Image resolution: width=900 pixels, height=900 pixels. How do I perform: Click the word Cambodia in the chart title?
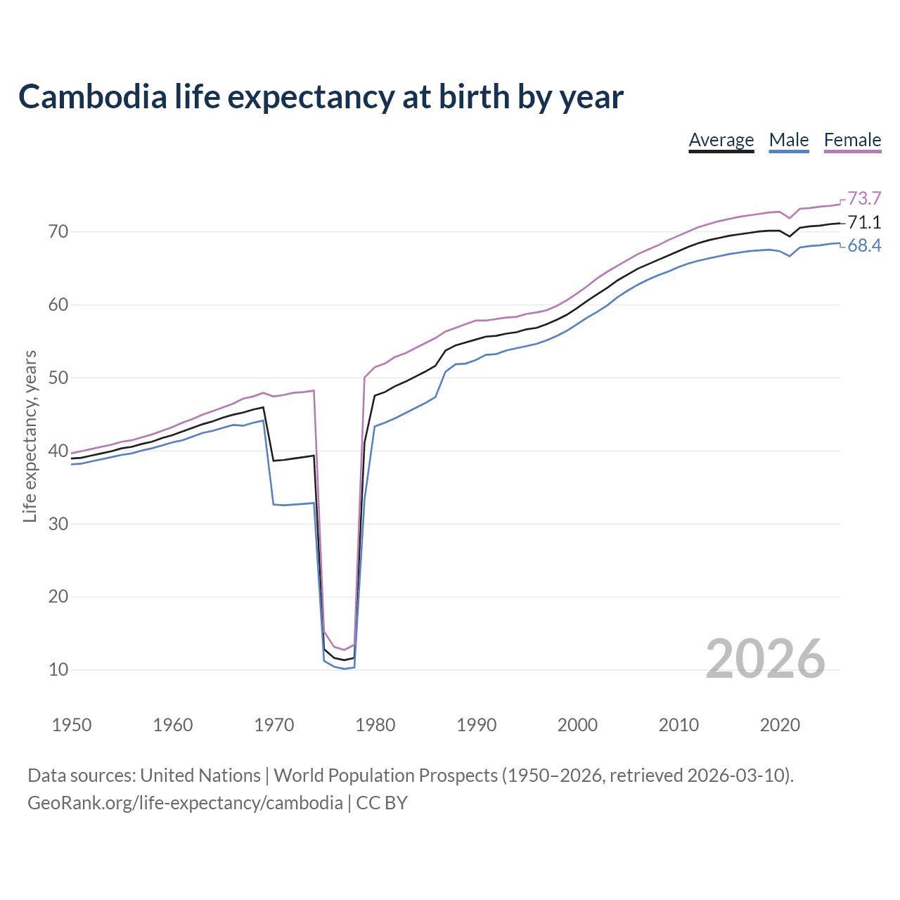[93, 97]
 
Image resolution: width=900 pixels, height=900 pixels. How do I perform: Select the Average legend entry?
[721, 140]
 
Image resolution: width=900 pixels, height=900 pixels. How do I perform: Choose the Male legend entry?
[788, 140]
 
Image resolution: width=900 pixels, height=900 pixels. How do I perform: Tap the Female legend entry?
[852, 140]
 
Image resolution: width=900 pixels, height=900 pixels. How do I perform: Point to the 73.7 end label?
[864, 198]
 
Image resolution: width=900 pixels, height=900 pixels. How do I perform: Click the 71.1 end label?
[864, 223]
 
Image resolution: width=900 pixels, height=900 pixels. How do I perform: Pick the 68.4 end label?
[864, 245]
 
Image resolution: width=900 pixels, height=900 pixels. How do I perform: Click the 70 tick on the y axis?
[58, 231]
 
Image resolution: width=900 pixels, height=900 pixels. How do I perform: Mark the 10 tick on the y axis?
[58, 669]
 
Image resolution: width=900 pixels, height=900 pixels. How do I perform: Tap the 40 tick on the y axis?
[58, 451]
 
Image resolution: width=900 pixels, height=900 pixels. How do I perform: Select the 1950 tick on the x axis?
[72, 725]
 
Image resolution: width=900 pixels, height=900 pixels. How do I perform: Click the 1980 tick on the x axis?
[375, 725]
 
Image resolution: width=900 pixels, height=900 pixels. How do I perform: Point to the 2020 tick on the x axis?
[780, 725]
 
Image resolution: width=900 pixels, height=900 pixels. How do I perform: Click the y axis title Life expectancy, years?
[30, 437]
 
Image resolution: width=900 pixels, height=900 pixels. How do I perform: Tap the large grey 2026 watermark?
[765, 659]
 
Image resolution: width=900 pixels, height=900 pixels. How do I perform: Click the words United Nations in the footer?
[200, 776]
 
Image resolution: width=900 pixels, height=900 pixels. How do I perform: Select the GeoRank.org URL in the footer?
[185, 803]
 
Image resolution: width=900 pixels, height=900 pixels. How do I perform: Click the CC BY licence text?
[382, 803]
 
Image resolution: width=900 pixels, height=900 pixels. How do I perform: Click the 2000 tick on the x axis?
[577, 725]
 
